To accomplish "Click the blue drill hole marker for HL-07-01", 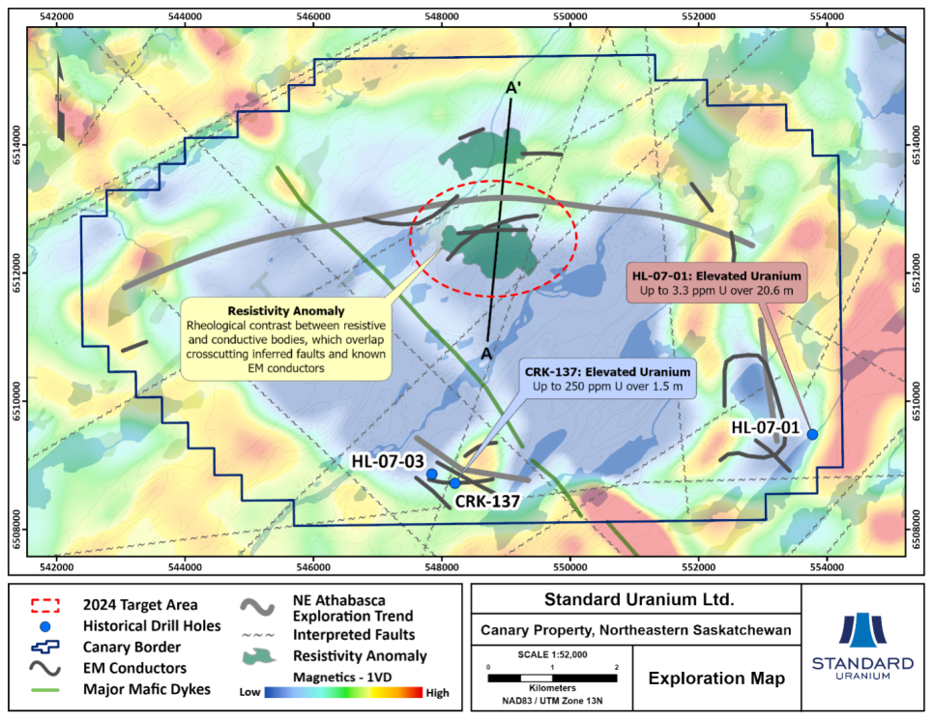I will click(812, 435).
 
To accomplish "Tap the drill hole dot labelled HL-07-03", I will click(432, 475).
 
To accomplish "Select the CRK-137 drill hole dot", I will click(454, 482).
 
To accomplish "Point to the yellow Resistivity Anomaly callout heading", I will click(285, 311).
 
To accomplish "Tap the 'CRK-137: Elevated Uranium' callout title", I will click(608, 371).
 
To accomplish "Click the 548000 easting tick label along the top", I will click(441, 16).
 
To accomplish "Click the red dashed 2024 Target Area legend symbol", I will click(45, 606).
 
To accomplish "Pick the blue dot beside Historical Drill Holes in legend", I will click(46, 626).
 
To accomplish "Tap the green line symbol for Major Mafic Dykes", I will click(45, 689).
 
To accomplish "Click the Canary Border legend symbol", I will click(45, 647).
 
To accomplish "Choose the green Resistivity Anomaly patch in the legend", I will click(260, 655).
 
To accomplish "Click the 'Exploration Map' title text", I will click(715, 679).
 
